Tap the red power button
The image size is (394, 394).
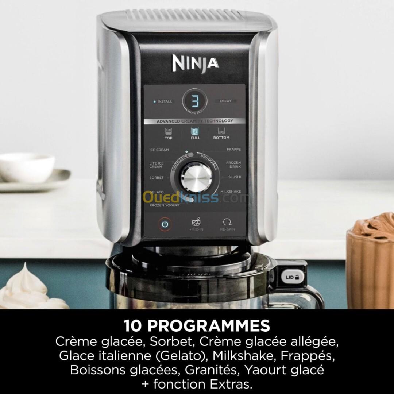tap(165, 224)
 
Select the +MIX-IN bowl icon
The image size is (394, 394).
tap(196, 222)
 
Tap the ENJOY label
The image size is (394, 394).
tap(225, 101)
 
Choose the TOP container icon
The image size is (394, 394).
tap(168, 131)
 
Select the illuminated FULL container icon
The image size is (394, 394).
tap(195, 131)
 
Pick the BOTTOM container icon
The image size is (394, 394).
tap(221, 131)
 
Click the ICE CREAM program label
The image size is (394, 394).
tap(159, 150)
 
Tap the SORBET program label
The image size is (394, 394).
tap(156, 178)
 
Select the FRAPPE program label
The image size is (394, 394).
tap(234, 149)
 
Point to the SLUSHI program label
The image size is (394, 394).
tap(235, 177)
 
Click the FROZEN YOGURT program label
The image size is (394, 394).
tap(165, 205)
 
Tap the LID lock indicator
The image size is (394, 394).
tap(292, 277)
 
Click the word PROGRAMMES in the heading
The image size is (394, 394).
tap(208, 326)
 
